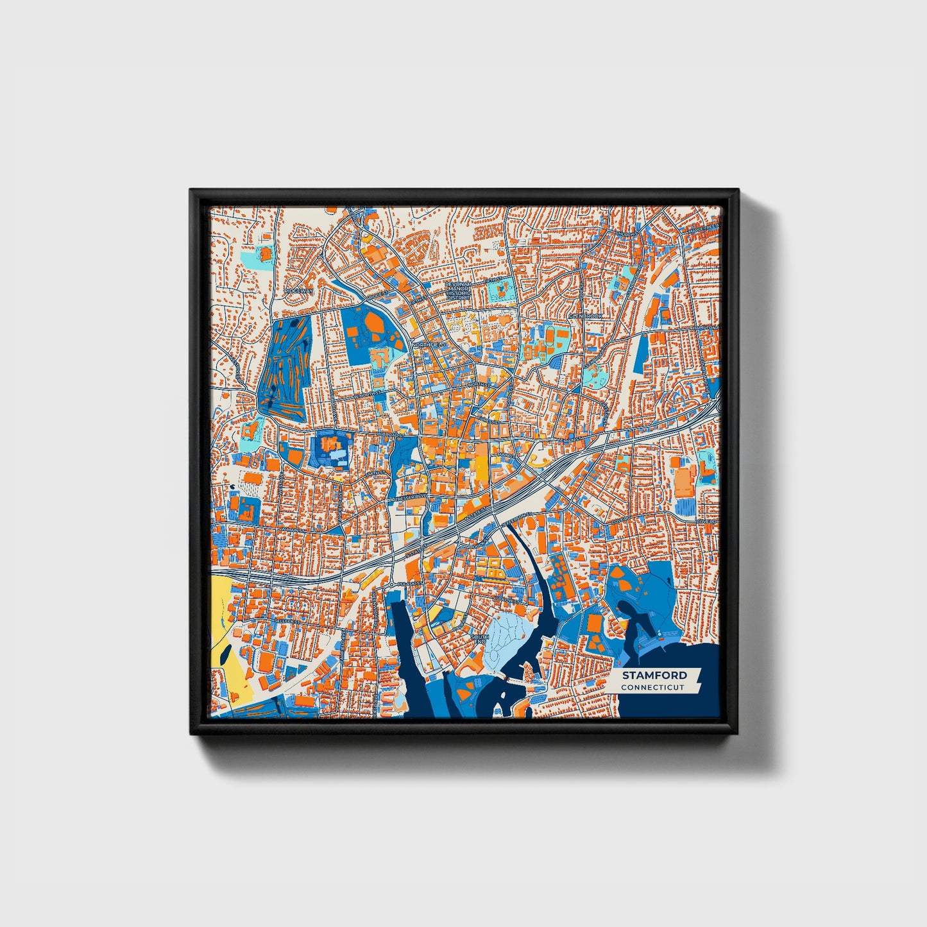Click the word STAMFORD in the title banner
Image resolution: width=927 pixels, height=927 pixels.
(x=654, y=675)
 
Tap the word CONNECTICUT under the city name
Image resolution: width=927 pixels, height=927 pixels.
(x=652, y=688)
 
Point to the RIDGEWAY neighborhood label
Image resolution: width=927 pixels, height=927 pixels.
(x=299, y=291)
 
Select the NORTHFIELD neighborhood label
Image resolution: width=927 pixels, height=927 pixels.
(x=429, y=345)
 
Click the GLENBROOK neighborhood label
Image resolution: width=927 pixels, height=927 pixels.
(x=584, y=316)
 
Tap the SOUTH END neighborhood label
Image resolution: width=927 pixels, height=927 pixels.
(x=481, y=640)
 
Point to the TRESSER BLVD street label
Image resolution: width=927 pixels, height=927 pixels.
(x=410, y=497)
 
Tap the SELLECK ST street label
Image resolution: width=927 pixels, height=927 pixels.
(x=286, y=621)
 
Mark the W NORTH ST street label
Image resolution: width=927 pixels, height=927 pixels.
(x=372, y=392)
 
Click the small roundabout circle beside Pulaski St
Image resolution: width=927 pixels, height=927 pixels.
(x=391, y=585)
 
